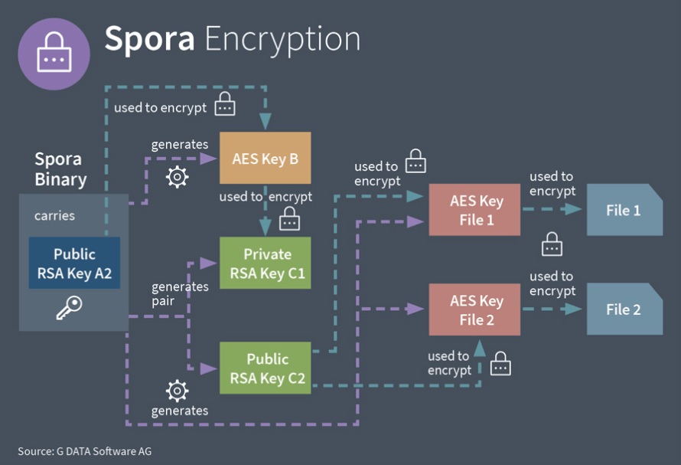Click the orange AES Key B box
coord(265,158)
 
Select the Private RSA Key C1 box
coord(265,263)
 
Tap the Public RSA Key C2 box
coord(265,368)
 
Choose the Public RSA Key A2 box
coord(74,263)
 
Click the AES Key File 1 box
coord(474,210)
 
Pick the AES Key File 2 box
coord(474,309)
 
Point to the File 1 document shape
coord(624,210)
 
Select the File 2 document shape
coord(624,309)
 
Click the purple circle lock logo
coord(54,54)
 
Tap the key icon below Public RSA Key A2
coord(69,307)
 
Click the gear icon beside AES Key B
coord(178,177)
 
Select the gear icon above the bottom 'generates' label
coord(178,391)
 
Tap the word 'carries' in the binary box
coord(54,216)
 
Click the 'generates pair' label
coord(180,293)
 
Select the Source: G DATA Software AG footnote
coord(85,451)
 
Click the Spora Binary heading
coord(60,169)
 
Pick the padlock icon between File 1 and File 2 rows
coord(552,244)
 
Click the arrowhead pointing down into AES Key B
coord(266,122)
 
